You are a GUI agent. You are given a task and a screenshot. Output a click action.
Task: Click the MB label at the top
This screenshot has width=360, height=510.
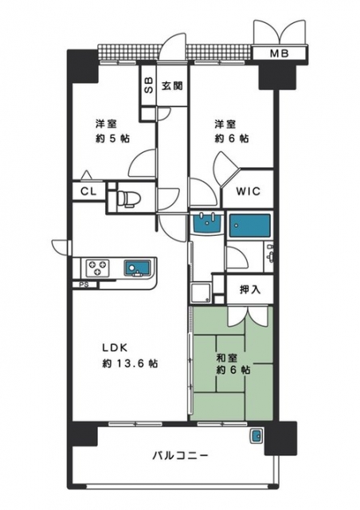[279, 53]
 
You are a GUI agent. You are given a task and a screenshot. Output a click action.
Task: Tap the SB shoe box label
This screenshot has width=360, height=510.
[148, 85]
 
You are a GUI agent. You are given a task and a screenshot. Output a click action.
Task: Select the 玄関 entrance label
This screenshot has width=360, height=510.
[172, 86]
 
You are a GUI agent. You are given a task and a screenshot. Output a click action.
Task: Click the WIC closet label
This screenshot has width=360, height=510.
[248, 191]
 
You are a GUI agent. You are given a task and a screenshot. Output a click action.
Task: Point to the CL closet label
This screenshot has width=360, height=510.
[88, 191]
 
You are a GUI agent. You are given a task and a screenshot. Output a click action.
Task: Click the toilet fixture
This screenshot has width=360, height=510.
[128, 198]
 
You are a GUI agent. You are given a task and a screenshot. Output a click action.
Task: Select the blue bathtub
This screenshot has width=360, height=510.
[250, 226]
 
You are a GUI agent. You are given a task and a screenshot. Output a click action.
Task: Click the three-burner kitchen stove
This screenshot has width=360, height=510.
[96, 268]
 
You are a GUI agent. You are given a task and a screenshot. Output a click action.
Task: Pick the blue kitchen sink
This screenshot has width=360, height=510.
[136, 269]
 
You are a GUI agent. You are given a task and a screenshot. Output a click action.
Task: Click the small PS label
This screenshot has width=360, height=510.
[84, 284]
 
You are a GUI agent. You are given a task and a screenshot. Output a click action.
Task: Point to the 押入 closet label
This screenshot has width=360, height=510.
[250, 289]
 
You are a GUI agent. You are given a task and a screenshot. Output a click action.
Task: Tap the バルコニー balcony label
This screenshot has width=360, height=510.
[180, 456]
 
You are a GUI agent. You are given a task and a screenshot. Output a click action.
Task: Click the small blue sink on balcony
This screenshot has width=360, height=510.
[256, 435]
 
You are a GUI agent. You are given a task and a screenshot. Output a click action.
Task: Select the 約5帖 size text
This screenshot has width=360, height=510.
[112, 139]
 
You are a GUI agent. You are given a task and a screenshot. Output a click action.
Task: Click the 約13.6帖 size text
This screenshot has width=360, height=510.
[130, 363]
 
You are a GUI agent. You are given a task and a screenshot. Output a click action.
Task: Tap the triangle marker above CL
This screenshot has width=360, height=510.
[86, 175]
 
